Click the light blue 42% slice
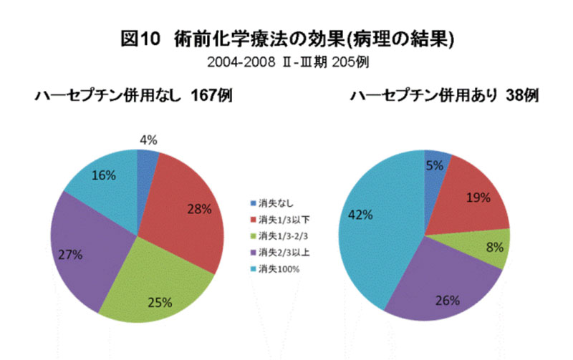click(372, 222)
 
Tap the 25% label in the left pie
click(159, 302)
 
